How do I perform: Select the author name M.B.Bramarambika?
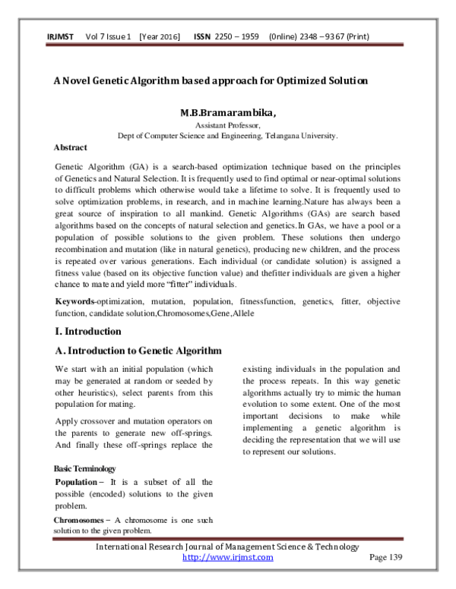[x=228, y=114]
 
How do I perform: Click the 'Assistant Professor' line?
[x=228, y=125]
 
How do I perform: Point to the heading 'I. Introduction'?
[x=87, y=331]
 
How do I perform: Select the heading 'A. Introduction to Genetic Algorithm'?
[x=138, y=351]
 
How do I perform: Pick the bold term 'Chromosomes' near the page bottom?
[x=80, y=519]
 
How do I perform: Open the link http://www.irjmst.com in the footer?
[x=228, y=557]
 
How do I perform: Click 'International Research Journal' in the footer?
[x=163, y=546]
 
